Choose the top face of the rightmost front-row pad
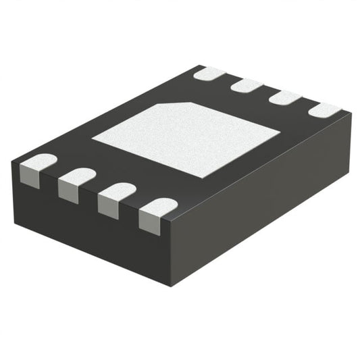click(161, 208)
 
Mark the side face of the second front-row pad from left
click(70, 191)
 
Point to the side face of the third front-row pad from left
click(109, 206)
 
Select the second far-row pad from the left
click(247, 85)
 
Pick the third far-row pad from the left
click(285, 97)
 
